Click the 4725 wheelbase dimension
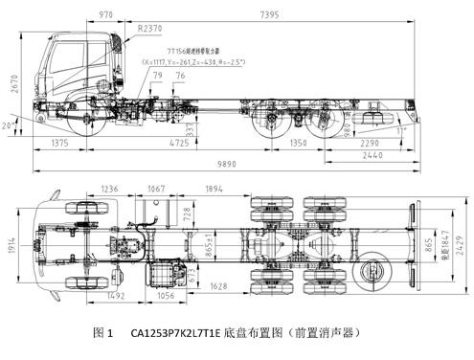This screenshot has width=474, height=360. point(179,143)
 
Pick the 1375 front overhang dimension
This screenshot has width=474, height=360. point(60,143)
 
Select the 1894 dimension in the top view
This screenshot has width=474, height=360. point(213,188)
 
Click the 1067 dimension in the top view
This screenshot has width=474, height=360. point(155,188)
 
